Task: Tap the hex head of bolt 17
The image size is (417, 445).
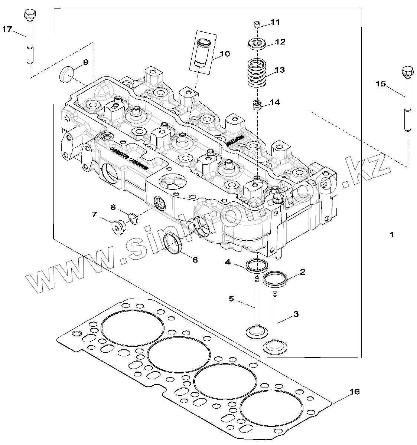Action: tap(29, 16)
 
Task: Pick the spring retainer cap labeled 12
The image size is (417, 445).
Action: tap(257, 44)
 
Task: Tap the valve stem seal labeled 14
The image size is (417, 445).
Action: tap(256, 105)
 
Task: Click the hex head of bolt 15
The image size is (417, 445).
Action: tap(407, 71)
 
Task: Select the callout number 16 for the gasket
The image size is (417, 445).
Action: tap(355, 392)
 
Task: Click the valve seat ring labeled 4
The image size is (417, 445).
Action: tap(257, 266)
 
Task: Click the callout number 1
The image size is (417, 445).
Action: tap(391, 235)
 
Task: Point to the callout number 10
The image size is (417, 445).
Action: tap(225, 54)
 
